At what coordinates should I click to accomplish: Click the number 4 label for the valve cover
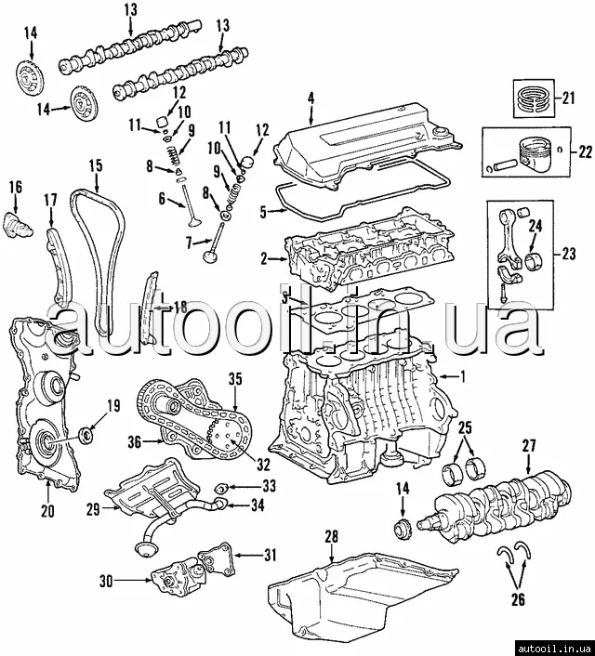(x=311, y=96)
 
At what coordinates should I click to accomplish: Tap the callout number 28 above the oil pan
(x=330, y=537)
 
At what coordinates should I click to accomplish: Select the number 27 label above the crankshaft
(x=529, y=446)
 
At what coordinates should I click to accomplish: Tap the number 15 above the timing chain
(x=96, y=165)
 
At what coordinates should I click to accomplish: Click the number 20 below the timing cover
(x=48, y=510)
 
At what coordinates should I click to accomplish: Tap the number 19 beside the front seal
(x=114, y=404)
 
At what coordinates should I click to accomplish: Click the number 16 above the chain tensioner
(x=16, y=188)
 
